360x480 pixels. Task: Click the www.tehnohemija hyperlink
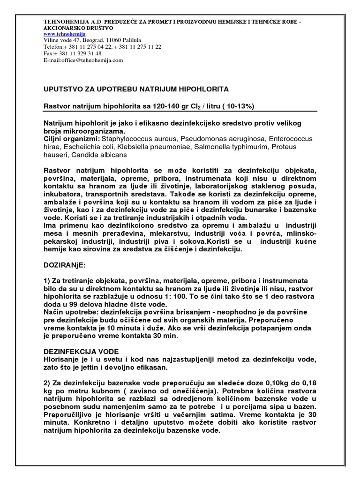65,34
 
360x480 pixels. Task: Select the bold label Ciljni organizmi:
71,139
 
